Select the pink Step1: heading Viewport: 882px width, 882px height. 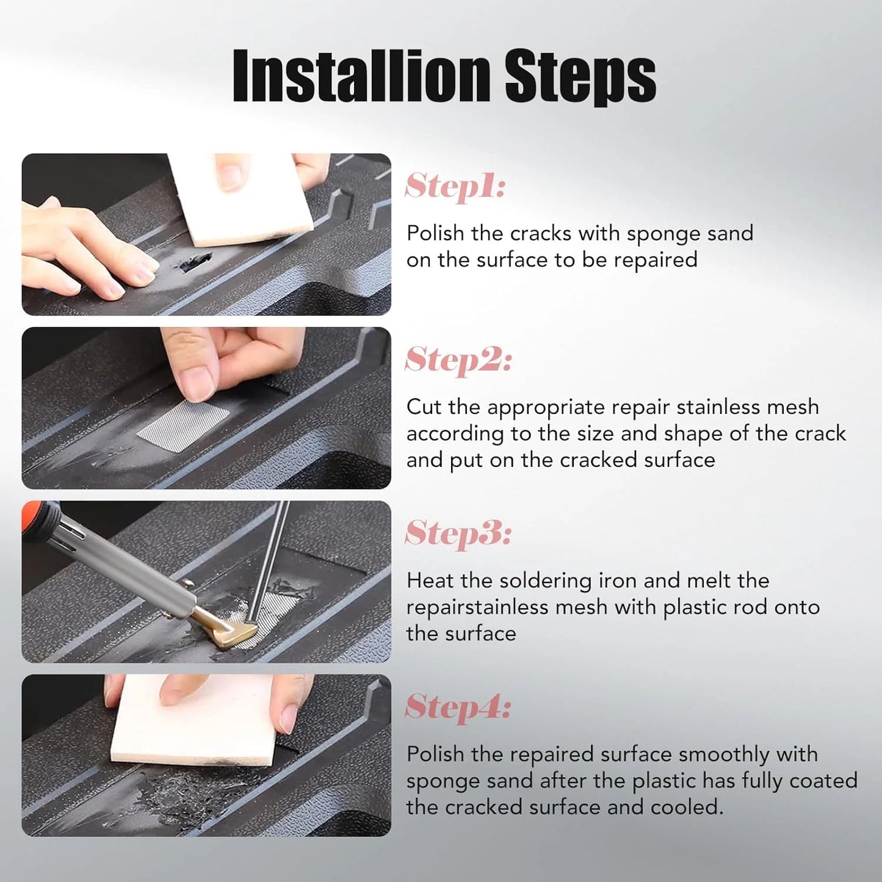[x=455, y=186]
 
